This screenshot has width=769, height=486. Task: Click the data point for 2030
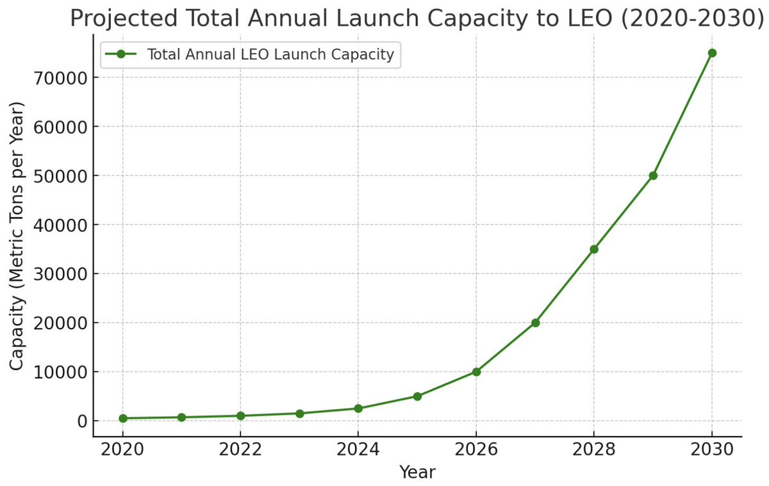[711, 53]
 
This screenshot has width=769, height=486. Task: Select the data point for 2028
[594, 249]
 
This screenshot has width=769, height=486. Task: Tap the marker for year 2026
[476, 371]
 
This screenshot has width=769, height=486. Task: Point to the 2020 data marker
[122, 418]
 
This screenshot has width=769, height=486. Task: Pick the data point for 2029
[653, 175]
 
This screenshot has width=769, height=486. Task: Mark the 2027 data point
[535, 323]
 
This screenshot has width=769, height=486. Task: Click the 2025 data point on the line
[417, 396]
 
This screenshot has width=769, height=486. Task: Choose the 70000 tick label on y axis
[56, 78]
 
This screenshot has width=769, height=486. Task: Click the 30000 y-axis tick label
[56, 274]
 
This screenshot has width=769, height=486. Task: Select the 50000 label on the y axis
[56, 176]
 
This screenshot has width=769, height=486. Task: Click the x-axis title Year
[417, 473]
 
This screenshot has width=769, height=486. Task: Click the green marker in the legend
[120, 54]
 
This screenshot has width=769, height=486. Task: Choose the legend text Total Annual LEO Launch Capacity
[270, 54]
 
